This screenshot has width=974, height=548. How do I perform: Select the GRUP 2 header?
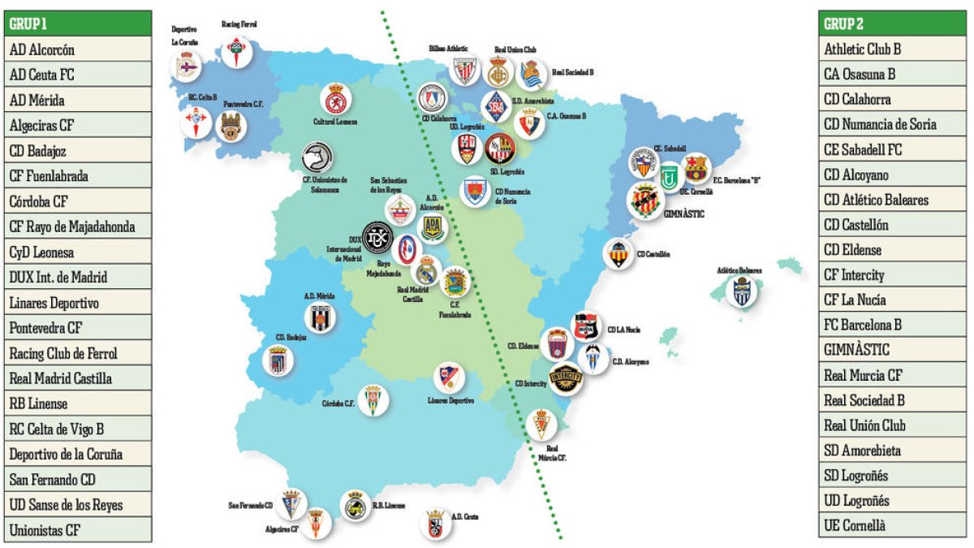(892, 24)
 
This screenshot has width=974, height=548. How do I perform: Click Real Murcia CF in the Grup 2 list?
(892, 375)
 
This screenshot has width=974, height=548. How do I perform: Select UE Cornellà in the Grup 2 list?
(892, 525)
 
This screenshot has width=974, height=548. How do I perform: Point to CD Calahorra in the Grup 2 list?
(892, 99)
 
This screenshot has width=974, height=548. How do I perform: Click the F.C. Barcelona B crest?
(696, 168)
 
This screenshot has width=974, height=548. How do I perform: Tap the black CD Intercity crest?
(565, 378)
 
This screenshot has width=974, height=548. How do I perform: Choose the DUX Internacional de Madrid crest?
(377, 237)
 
